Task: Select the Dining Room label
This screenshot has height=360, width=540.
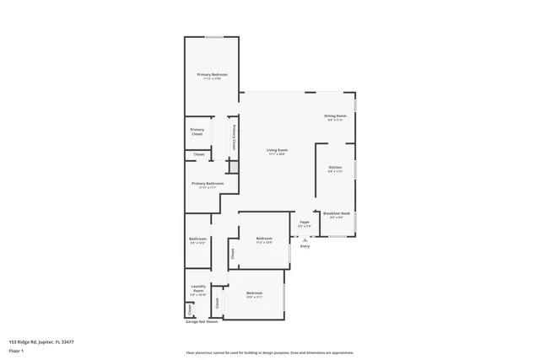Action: (336, 117)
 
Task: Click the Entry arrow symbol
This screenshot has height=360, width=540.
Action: (305, 239)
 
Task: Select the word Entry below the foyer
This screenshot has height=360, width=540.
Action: (305, 246)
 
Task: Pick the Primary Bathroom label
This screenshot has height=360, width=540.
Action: (208, 185)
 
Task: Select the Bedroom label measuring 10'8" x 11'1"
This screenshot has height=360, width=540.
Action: (254, 294)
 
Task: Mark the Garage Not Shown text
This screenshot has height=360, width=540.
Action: (202, 321)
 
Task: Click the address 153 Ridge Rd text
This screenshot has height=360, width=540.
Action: (41, 341)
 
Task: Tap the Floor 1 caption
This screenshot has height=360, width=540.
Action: (17, 351)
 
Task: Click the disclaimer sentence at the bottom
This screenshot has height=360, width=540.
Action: (270, 352)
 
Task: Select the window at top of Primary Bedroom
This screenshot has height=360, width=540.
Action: (214, 37)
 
